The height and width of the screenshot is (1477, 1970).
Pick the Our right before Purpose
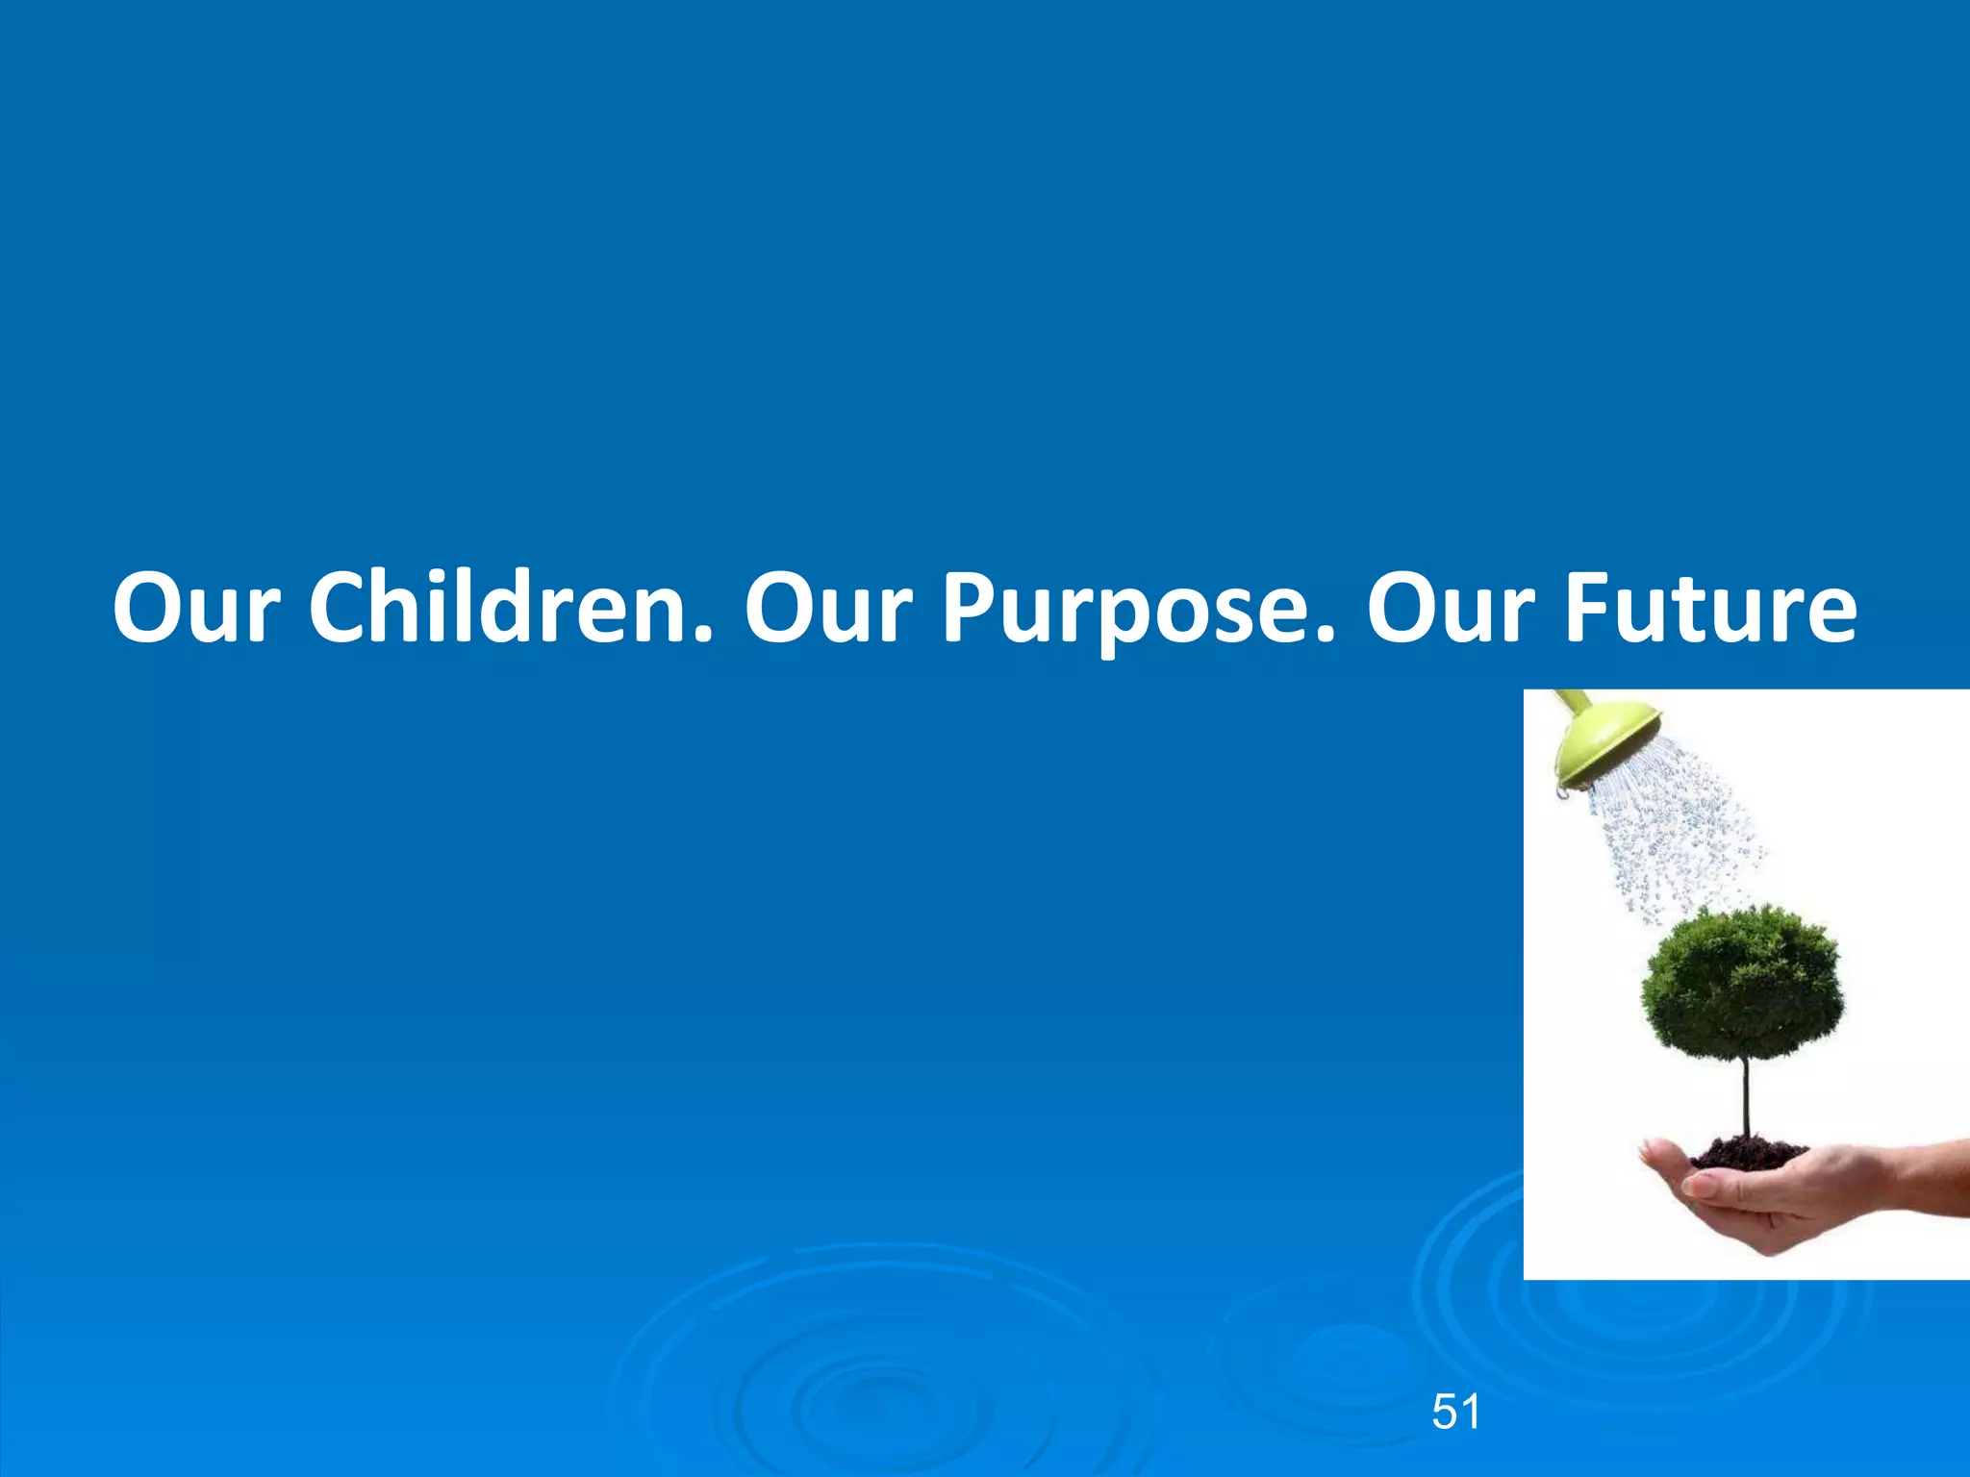click(x=827, y=609)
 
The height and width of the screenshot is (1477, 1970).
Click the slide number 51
click(x=1455, y=1413)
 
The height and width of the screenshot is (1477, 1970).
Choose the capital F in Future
click(x=1585, y=609)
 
